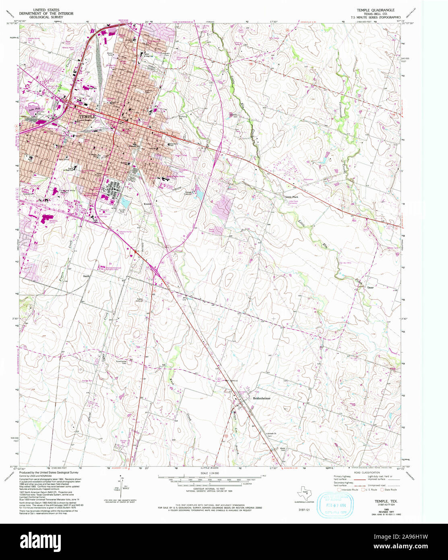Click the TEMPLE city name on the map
tap(85, 116)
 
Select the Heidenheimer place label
tap(261, 398)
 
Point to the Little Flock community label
tap(292, 197)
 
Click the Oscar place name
tap(370, 288)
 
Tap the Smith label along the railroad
tap(86, 276)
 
